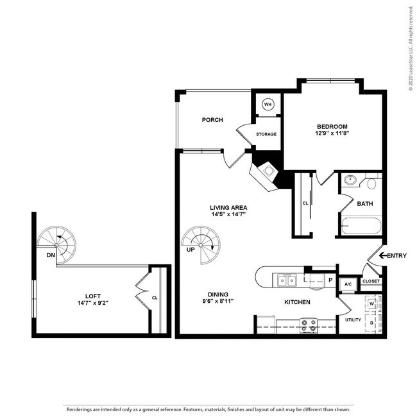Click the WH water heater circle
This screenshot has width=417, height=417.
[x=268, y=105]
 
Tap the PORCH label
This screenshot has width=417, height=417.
[x=212, y=119]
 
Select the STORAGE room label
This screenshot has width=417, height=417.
[x=266, y=134]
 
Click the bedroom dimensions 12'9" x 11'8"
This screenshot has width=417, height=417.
[x=332, y=133]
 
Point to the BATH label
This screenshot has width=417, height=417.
[x=364, y=203]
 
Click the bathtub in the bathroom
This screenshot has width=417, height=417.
[x=361, y=226]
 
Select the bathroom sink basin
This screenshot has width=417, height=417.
[x=350, y=180]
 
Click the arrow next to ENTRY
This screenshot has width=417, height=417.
[x=382, y=256]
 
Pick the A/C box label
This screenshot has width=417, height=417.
[x=348, y=283]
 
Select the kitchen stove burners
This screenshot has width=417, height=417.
[x=309, y=326]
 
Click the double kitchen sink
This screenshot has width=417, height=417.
[x=286, y=280]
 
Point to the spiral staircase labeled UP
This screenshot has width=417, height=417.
[x=200, y=245]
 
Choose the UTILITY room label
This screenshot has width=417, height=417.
[x=353, y=319]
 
